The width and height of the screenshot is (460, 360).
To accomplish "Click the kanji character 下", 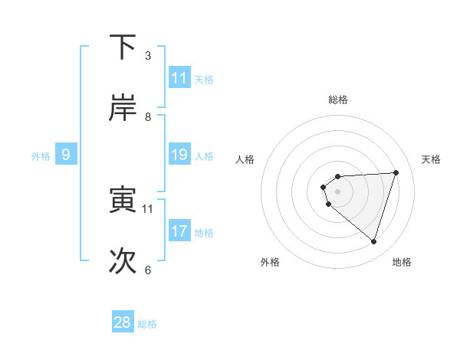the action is (x=123, y=47).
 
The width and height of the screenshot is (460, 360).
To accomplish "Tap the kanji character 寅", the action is (x=123, y=200).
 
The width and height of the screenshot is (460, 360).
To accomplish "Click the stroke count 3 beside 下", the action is (x=148, y=56).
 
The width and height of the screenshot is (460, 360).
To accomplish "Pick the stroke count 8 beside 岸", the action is (x=148, y=117).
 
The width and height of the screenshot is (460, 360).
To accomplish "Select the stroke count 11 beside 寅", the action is (x=148, y=208).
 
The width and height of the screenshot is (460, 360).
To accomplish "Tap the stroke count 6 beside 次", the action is (x=148, y=270).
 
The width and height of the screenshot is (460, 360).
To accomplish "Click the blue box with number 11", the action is (x=179, y=78).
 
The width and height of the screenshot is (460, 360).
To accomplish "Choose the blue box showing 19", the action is (x=179, y=155).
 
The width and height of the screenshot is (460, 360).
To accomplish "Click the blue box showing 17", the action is (x=179, y=231).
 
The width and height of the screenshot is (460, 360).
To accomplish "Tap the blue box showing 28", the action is (x=123, y=322).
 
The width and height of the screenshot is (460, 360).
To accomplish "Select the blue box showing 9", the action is (x=66, y=155).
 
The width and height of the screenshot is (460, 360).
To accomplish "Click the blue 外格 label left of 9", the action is (x=41, y=156).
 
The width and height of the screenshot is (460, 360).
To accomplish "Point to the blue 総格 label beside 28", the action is (x=147, y=324).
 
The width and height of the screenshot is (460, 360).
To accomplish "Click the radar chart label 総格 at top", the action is (x=337, y=100).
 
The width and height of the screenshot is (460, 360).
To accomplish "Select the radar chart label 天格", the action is (x=431, y=159).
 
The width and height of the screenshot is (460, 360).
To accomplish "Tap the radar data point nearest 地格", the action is (x=373, y=242).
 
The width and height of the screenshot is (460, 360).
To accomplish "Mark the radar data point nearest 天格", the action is (x=396, y=172).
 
